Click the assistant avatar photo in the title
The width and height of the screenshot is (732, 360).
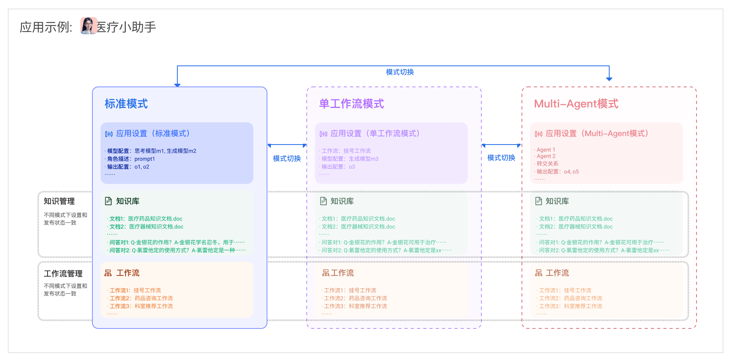(88, 26)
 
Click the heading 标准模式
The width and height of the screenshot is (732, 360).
(126, 104)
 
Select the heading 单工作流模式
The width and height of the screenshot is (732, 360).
(351, 104)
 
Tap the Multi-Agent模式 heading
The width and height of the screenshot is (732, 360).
(576, 104)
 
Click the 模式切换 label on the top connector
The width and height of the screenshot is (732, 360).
(400, 72)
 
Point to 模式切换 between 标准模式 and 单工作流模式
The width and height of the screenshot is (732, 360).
(286, 159)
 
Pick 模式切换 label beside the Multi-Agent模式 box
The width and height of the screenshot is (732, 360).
(501, 158)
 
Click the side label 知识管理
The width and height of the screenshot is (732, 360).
(59, 201)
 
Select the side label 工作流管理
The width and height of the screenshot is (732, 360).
(63, 274)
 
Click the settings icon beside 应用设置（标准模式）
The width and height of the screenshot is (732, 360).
(109, 134)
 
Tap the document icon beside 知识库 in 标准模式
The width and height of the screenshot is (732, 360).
(108, 201)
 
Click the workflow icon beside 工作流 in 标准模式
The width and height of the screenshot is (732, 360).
(108, 273)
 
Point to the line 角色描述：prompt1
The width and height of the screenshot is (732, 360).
(131, 159)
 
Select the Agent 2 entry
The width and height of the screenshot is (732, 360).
(546, 156)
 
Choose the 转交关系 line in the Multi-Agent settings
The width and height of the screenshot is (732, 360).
(547, 164)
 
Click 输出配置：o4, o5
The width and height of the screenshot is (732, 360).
(557, 172)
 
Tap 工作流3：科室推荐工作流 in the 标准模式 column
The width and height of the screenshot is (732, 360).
(141, 306)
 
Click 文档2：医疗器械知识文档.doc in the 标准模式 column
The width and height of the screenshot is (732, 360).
(146, 227)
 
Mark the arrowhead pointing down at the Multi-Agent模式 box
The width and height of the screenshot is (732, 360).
(609, 79)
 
